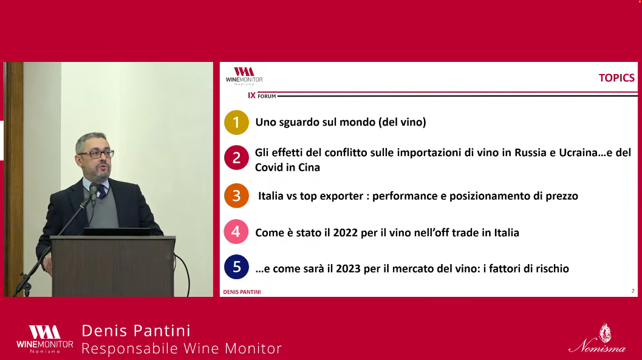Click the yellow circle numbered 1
[236, 122]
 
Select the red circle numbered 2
[236, 158]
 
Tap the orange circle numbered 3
[236, 196]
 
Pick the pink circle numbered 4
[236, 232]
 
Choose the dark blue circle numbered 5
[236, 267]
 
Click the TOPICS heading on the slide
[616, 78]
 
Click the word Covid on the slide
[271, 168]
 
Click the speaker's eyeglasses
[96, 154]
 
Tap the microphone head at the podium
[94, 191]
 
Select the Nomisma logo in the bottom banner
[597, 340]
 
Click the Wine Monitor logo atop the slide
[244, 76]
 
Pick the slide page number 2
[633, 291]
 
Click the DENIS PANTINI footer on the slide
[242, 292]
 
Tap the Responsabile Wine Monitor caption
[182, 348]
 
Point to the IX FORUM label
[262, 96]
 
